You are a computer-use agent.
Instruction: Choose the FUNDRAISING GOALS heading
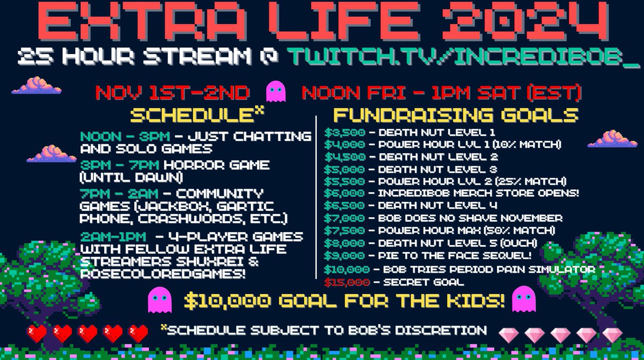(x=456, y=115)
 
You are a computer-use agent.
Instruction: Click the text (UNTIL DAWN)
(x=129, y=176)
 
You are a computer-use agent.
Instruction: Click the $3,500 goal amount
(x=345, y=132)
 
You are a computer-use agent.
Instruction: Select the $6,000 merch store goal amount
(x=345, y=193)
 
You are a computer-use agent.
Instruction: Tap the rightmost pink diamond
(x=612, y=335)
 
